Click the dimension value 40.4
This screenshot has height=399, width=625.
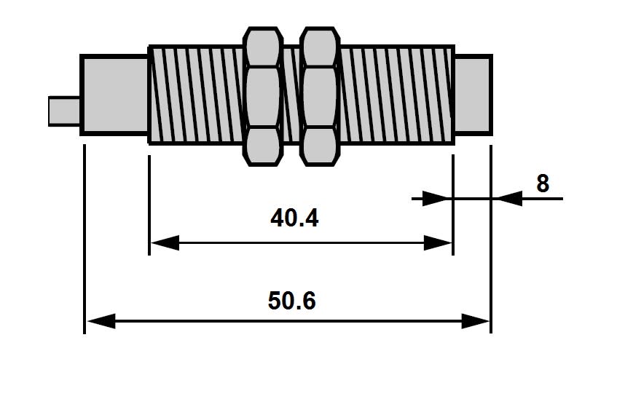pyautogui.click(x=294, y=218)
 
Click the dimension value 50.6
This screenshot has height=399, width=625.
pyautogui.click(x=291, y=301)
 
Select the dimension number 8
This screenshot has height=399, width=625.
pyautogui.click(x=543, y=183)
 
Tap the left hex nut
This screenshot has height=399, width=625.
pyautogui.click(x=263, y=96)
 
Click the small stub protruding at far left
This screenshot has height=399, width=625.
pyautogui.click(x=64, y=111)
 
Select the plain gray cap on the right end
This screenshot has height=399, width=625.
pyautogui.click(x=473, y=95)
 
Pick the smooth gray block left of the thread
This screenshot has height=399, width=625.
pyautogui.click(x=114, y=95)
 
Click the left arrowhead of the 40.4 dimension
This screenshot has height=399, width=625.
pyautogui.click(x=164, y=243)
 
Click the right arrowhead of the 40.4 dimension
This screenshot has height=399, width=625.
pyautogui.click(x=438, y=243)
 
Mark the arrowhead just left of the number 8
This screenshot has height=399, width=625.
pyautogui.click(x=508, y=198)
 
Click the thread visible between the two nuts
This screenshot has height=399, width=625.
pyautogui.click(x=291, y=95)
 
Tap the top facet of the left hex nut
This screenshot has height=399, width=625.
pyautogui.click(x=263, y=45)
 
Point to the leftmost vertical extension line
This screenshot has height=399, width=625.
pyautogui.click(x=84, y=240)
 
